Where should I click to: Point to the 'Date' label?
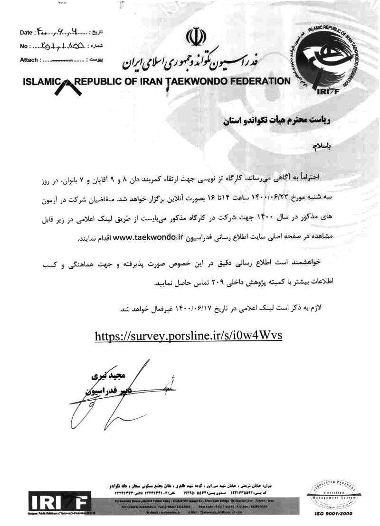pos(26,33)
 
